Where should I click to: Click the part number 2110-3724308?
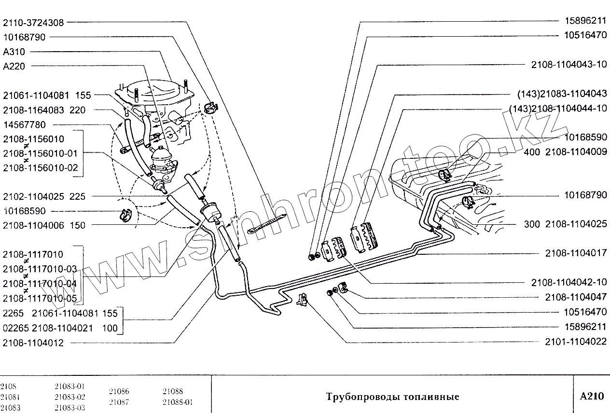[33, 23]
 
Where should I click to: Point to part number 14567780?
[24, 124]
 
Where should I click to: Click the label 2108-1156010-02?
[40, 168]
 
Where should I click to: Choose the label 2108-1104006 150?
[44, 225]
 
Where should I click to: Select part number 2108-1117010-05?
[40, 298]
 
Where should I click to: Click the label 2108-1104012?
[33, 343]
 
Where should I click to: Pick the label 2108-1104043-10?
[568, 65]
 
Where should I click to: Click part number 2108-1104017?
[576, 253]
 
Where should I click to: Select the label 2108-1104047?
[576, 297]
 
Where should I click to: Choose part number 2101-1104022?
[576, 341]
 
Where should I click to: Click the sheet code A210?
[592, 396]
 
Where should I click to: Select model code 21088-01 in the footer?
[178, 402]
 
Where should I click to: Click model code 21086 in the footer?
[119, 392]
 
